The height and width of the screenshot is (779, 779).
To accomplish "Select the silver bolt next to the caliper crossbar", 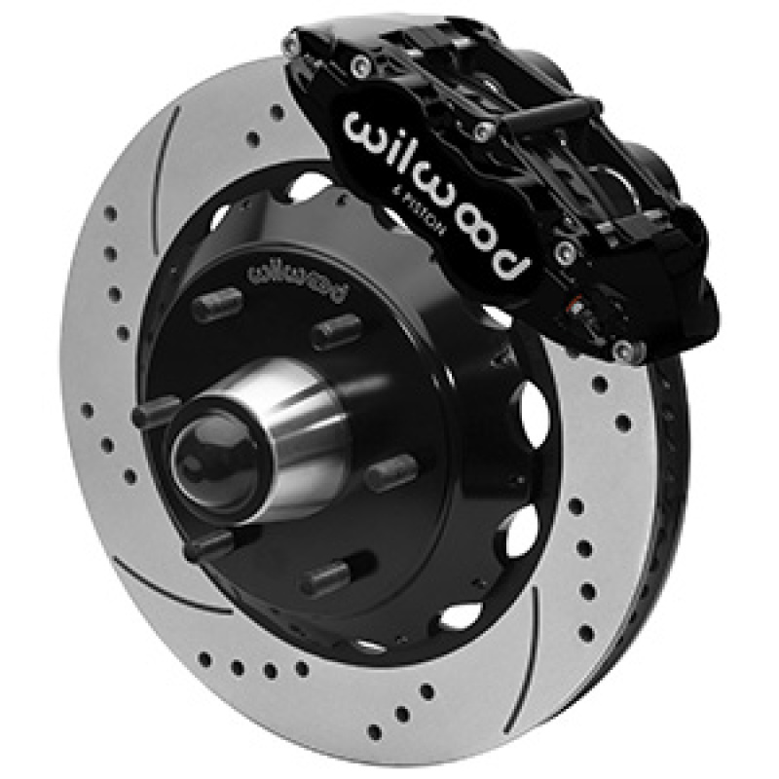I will point(481,130).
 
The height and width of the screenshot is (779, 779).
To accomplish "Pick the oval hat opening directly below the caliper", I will point(532,409).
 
